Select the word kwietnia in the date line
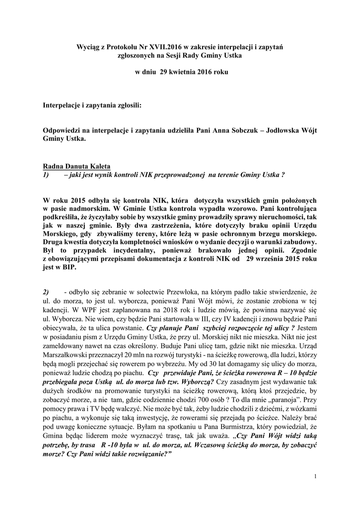[183, 72]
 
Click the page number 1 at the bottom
[315, 477]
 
